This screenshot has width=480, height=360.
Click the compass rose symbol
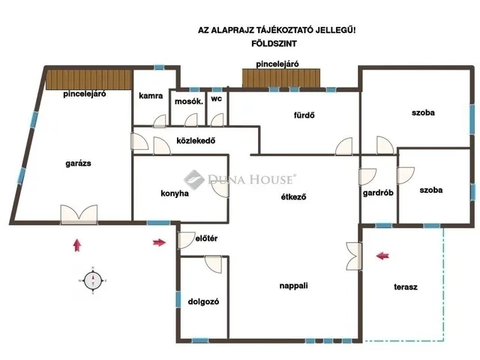point(93,280)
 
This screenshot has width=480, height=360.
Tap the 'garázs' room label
point(78,163)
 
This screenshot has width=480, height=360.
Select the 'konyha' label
point(175,193)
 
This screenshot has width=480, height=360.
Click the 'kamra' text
point(151,96)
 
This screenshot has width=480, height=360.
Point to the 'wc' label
point(217,99)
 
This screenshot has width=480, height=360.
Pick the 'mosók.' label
point(189,101)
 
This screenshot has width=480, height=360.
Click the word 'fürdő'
point(304,115)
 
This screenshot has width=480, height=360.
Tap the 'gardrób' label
point(378,193)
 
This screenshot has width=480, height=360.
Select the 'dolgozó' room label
point(203,301)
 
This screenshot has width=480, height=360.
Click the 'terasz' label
point(405,287)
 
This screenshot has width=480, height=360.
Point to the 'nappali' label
point(293,286)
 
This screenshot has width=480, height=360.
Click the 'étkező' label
point(293,197)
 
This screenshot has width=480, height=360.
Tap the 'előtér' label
point(206,238)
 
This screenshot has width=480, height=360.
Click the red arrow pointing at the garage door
point(77,245)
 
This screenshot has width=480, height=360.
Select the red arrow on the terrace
point(382,256)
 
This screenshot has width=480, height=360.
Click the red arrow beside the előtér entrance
point(159,243)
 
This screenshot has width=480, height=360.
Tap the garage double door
point(79,214)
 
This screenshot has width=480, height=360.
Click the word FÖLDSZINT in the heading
point(274,43)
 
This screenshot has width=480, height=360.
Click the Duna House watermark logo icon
point(193,180)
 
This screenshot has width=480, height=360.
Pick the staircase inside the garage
point(88,79)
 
